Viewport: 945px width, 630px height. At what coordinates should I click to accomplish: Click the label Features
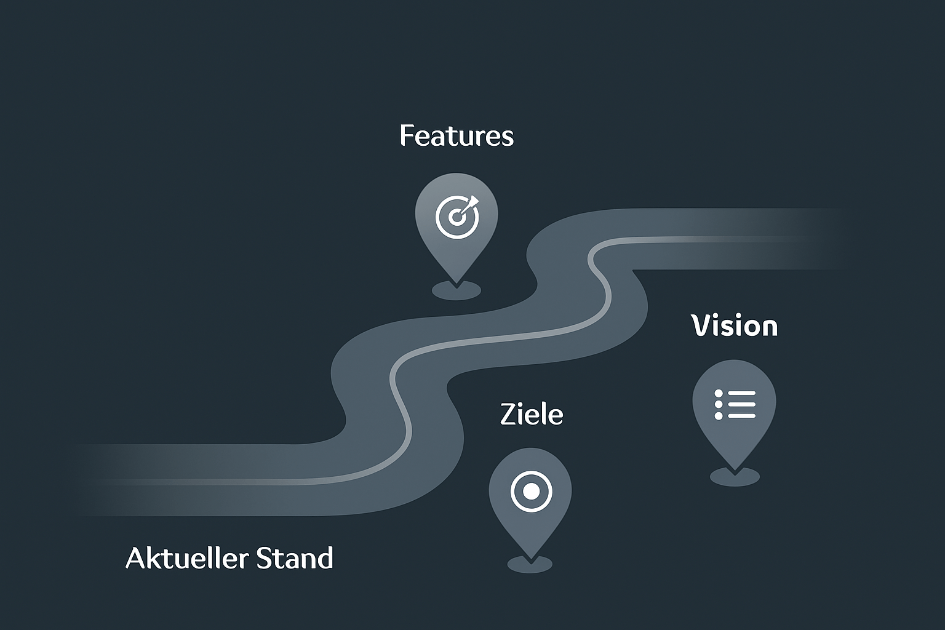(x=457, y=136)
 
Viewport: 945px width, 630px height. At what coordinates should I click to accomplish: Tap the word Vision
(x=735, y=325)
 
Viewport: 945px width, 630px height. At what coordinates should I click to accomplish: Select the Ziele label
(x=532, y=414)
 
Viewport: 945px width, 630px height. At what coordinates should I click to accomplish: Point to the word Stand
(x=294, y=559)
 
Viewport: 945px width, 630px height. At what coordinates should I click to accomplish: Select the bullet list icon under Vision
(x=735, y=404)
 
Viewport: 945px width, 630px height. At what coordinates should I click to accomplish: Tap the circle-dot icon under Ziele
(x=531, y=492)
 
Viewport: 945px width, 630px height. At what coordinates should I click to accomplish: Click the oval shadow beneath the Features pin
(x=456, y=291)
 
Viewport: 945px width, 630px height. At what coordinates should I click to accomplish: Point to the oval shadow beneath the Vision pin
(x=735, y=477)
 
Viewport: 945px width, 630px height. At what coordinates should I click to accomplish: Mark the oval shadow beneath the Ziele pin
(x=530, y=564)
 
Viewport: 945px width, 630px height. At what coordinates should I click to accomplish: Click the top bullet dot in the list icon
(x=719, y=393)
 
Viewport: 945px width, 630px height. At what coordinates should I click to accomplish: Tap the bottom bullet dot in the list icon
(x=719, y=416)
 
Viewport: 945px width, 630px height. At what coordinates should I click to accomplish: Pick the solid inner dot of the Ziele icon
(x=531, y=492)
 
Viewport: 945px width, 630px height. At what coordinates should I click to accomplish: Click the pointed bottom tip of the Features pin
(x=457, y=282)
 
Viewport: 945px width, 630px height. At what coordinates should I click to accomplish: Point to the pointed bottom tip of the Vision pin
(x=735, y=469)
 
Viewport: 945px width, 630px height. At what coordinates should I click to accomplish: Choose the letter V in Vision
(x=700, y=325)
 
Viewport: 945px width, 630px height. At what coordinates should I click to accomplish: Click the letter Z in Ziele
(x=508, y=414)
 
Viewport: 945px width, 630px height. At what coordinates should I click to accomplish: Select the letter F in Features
(x=406, y=136)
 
